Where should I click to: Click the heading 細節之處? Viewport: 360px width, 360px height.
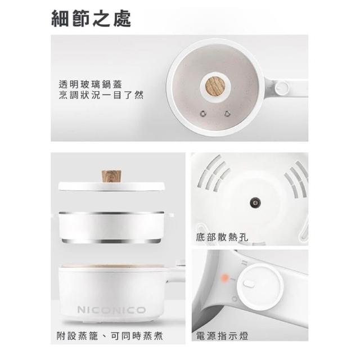pyautogui.click(x=91, y=19)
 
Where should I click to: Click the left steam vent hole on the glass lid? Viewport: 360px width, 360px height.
pyautogui.click(x=203, y=113)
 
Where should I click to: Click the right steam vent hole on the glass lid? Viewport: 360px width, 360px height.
pyautogui.click(x=227, y=113)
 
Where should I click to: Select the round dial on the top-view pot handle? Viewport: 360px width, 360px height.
pyautogui.click(x=282, y=87)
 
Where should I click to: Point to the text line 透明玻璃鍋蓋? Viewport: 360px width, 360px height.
pyautogui.click(x=90, y=84)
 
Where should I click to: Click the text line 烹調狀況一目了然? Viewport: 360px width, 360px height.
pyautogui.click(x=101, y=95)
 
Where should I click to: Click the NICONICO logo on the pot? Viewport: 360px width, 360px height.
pyautogui.click(x=111, y=310)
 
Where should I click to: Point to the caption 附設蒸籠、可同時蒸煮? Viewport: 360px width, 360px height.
pyautogui.click(x=110, y=336)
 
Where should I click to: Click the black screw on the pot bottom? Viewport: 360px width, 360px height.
pyautogui.click(x=255, y=202)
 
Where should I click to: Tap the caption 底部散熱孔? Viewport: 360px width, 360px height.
pyautogui.click(x=222, y=237)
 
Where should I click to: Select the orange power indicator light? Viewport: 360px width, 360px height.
pyautogui.click(x=225, y=278)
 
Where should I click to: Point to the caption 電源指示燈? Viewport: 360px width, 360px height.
pyautogui.click(x=222, y=336)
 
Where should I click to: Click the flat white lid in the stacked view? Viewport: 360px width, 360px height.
pyautogui.click(x=111, y=186)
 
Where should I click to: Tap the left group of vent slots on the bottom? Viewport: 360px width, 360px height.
pyautogui.click(x=213, y=173)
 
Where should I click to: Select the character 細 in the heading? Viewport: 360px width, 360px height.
pyautogui.click(x=60, y=19)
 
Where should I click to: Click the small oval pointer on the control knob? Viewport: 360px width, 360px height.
pyautogui.click(x=249, y=285)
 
